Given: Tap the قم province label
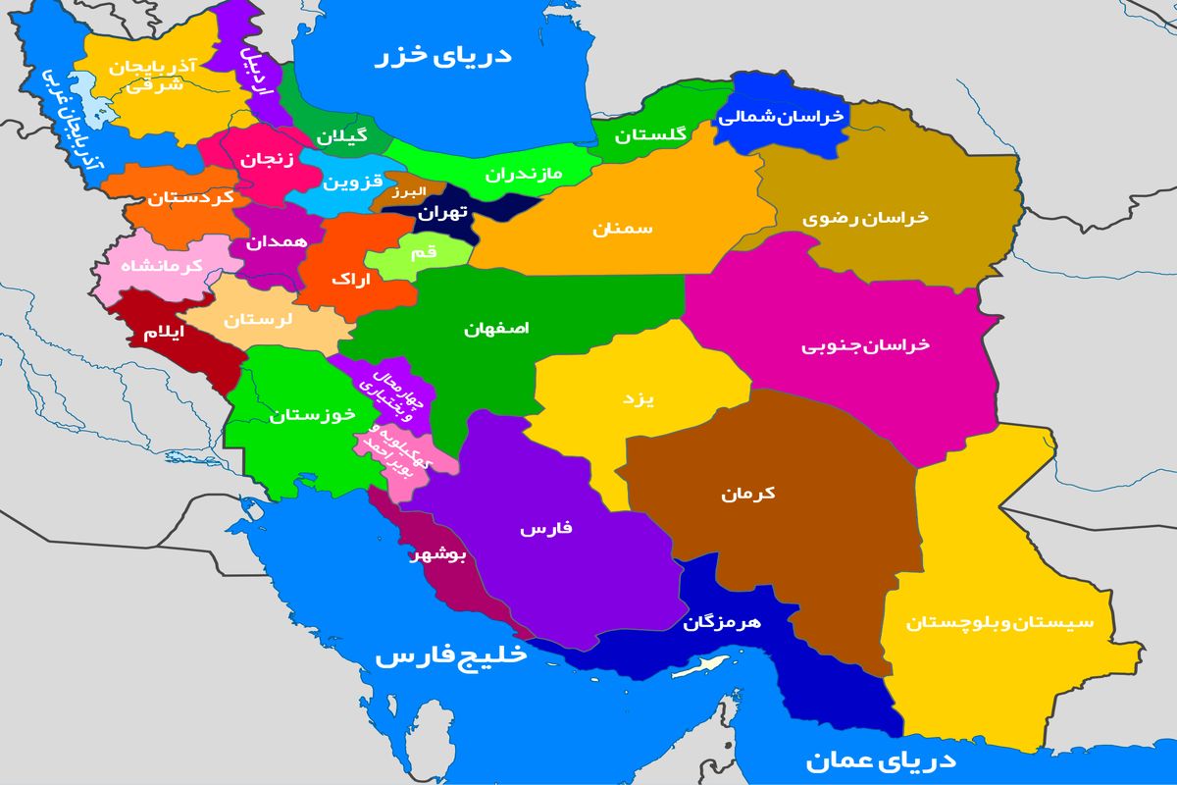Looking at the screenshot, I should point(424,253).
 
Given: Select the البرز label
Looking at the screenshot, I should point(405,192).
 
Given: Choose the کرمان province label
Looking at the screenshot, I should point(747,494).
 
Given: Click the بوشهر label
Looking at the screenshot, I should point(442,555).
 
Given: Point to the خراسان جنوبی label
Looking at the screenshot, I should point(865,345).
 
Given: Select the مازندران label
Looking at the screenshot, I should point(523,174).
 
